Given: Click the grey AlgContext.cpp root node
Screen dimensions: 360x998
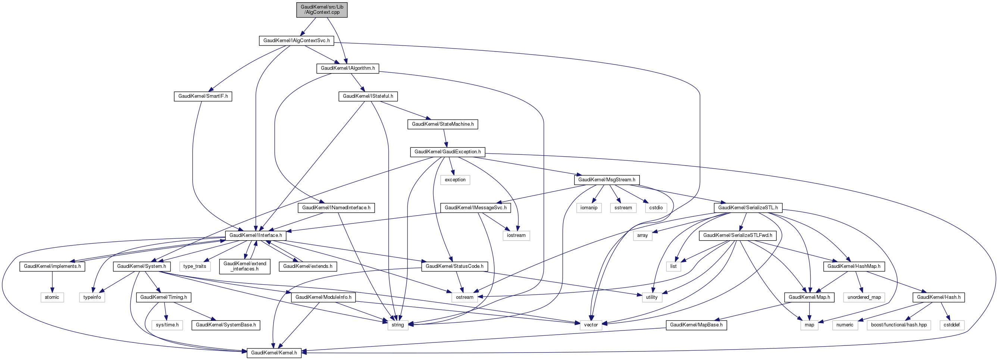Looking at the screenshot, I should tap(322, 9).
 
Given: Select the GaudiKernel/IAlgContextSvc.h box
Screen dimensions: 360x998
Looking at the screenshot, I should tap(296, 40).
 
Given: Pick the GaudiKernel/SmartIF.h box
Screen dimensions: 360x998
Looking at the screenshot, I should tap(203, 96).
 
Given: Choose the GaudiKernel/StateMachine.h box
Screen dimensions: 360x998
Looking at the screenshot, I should tap(442, 124).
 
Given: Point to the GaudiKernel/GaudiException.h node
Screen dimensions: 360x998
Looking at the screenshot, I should tap(447, 152).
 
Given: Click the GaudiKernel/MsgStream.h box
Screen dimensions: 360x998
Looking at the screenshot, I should tap(606, 180).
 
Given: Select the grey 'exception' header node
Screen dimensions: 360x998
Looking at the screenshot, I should tap(455, 180).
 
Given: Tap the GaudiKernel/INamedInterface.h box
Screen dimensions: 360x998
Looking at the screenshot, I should tap(336, 208).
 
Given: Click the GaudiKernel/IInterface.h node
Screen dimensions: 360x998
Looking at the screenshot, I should tap(256, 235).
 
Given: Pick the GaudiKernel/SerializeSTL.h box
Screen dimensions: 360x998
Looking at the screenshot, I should tap(748, 208).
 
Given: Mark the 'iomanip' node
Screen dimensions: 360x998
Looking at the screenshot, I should tap(588, 208).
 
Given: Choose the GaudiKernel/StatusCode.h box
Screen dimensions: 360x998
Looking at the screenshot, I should tap(454, 266).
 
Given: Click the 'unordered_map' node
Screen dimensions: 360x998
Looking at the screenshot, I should tap(864, 297).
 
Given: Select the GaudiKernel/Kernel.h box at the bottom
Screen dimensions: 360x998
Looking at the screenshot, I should tap(274, 353).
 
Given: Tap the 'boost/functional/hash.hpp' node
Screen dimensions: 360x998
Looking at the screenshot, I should tap(898, 325).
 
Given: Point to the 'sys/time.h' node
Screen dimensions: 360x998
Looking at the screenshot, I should tap(167, 325).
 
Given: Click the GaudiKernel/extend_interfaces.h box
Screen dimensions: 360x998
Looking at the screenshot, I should tap(245, 266).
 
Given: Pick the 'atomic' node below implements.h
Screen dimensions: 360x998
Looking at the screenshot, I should tap(52, 297).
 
